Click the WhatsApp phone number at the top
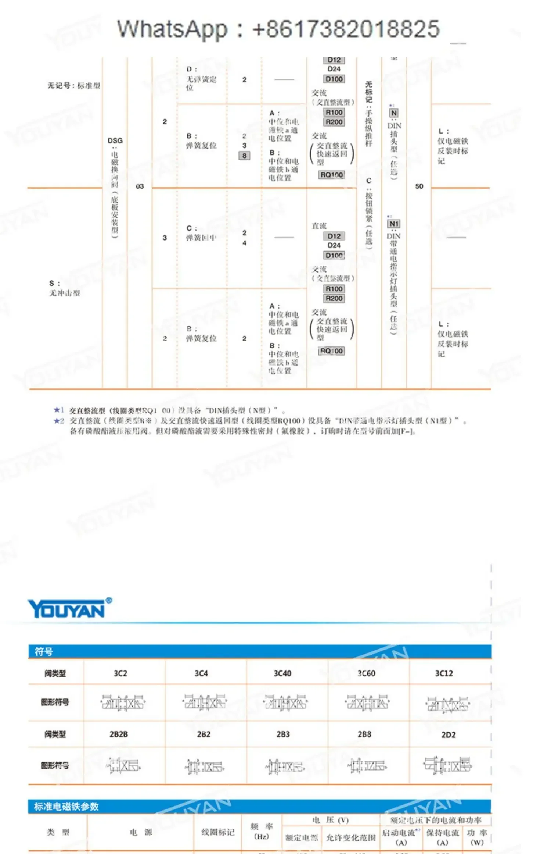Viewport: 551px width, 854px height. pos(345,29)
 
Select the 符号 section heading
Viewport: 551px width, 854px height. pos(44,652)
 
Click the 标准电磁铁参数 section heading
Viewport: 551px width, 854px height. pos(66,807)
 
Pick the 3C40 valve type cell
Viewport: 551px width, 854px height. pos(282,673)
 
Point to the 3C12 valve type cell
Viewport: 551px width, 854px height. pos(444,673)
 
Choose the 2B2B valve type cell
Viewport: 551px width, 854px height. pos(119,734)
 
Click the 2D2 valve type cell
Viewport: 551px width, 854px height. pos(448,734)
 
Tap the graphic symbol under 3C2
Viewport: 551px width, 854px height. pos(123,703)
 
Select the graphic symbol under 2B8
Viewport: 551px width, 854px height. pos(367,765)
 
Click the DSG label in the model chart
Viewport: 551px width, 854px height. pos(115,140)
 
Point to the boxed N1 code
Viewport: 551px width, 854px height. pos(393,224)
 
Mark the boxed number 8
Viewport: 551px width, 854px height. pos(244,156)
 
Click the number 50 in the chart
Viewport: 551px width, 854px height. pos(419,186)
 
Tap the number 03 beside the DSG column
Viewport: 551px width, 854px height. pos(140,186)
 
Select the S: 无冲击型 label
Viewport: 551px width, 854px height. pos(64,288)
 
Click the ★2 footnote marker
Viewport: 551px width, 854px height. pos(59,420)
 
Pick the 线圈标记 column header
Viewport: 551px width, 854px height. pos(217,832)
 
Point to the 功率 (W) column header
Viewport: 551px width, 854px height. pos(477,837)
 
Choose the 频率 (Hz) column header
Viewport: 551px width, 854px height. pos(262,831)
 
